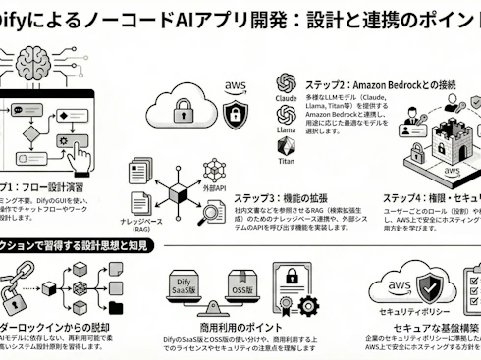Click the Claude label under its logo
pos(287,98)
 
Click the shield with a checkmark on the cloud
pos(433,285)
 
